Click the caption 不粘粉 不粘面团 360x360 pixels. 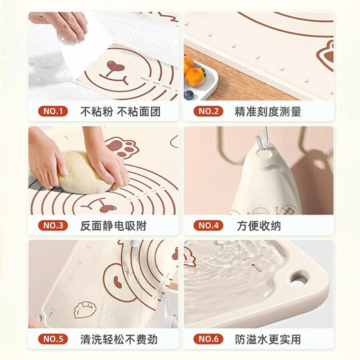[x=112, y=111]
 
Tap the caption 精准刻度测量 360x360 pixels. [x=269, y=111]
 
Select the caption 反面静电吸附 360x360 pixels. [x=114, y=225]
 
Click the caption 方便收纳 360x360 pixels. [x=259, y=225]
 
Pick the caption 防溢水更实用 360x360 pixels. [x=269, y=339]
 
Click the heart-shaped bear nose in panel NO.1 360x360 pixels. [x=113, y=67]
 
